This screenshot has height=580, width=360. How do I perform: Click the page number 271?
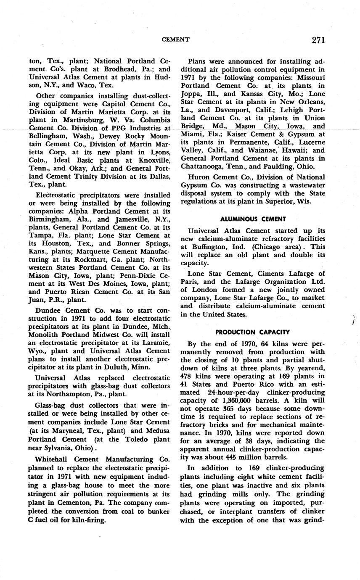tap(318, 40)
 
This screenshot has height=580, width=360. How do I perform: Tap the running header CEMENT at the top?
tap(176, 40)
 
